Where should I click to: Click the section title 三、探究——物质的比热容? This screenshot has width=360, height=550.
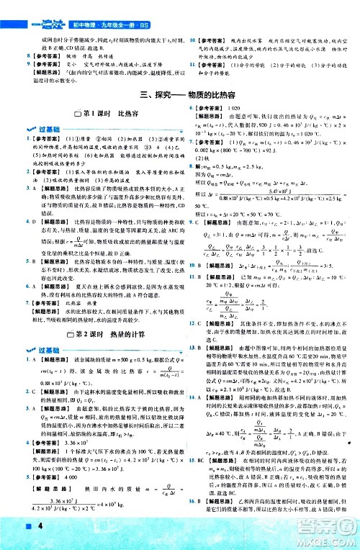pyautogui.click(x=180, y=93)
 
